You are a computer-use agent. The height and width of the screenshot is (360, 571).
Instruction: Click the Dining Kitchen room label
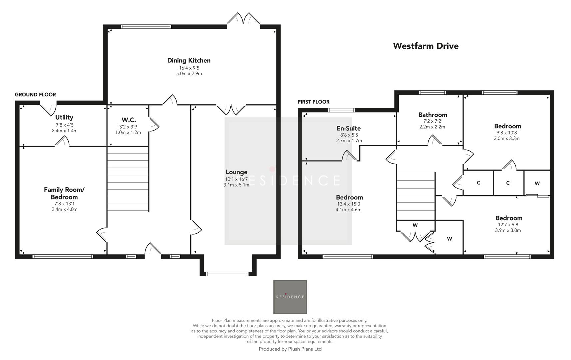pos(189,60)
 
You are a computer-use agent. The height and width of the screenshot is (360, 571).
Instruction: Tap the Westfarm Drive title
pos(425,46)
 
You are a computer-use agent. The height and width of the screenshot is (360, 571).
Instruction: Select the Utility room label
pos(64,117)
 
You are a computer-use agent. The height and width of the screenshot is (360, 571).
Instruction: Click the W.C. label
pos(128,120)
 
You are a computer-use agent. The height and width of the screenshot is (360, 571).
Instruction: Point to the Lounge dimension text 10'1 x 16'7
pos(236,179)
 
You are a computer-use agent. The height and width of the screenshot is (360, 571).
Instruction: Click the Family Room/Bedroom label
pos(64,193)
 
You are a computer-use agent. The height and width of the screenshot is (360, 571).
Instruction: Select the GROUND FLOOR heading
pos(35,95)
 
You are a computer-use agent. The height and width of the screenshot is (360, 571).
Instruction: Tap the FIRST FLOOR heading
pos(313,102)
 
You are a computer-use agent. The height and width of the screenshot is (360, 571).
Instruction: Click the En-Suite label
pos(348,128)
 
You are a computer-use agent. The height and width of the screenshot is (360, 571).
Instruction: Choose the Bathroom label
pos(432,115)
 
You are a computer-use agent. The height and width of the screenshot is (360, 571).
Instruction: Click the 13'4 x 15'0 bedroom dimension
pos(348,204)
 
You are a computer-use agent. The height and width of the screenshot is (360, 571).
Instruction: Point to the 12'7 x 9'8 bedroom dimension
pos(508,225)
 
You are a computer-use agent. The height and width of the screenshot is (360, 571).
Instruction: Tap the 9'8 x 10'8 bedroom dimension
pos(507,133)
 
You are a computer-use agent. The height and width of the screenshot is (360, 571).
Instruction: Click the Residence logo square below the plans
pos(290,297)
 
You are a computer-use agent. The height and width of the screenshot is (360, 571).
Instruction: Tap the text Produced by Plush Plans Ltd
pos(290,349)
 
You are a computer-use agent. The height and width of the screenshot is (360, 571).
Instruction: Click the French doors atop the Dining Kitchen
pos(243,19)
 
